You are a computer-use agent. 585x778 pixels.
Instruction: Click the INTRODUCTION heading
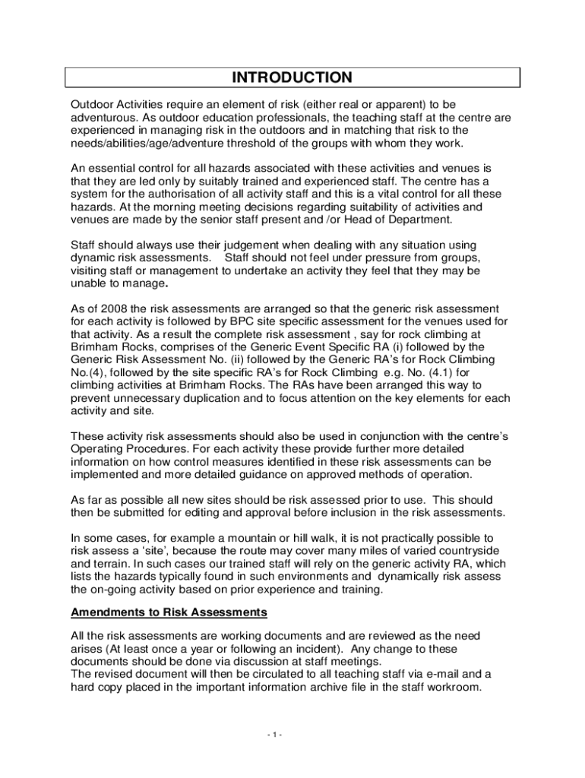tap(292, 77)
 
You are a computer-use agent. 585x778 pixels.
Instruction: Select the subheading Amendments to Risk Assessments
tap(169, 612)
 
